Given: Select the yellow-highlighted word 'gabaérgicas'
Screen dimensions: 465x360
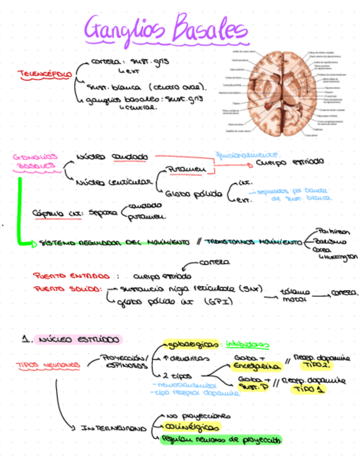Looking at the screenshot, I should coord(190,344).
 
